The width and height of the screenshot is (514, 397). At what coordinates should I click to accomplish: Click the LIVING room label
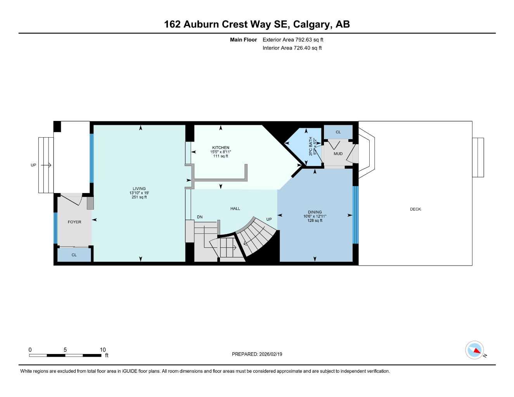click(139, 189)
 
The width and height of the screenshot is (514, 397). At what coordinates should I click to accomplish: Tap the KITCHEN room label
click(220, 148)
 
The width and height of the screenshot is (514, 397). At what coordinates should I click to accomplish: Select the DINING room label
click(315, 212)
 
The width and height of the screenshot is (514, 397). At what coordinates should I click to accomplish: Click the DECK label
click(415, 209)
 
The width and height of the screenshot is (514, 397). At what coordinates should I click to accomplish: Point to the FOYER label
click(74, 222)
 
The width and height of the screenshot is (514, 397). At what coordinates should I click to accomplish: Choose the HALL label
click(235, 209)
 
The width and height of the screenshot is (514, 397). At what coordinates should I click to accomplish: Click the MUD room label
click(338, 154)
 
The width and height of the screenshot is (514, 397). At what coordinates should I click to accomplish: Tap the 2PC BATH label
click(310, 146)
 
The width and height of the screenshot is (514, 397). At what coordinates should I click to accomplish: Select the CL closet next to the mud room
click(338, 132)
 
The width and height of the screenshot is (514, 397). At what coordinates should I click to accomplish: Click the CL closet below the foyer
click(74, 255)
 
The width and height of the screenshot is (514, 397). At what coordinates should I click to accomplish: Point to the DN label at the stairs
click(199, 217)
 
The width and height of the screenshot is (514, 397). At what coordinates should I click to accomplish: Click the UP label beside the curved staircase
click(269, 219)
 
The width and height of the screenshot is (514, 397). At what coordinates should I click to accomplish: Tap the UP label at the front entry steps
click(33, 165)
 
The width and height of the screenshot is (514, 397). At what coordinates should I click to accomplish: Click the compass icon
click(474, 350)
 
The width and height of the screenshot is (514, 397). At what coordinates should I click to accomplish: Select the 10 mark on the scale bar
click(102, 350)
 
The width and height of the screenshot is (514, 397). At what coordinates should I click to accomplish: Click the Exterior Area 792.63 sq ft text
click(293, 40)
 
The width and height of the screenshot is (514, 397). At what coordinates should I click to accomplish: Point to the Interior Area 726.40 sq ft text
click(292, 48)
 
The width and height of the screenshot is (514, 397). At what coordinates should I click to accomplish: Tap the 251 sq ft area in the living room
click(139, 197)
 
